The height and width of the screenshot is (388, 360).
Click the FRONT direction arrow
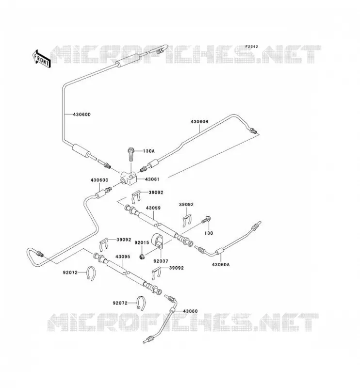[x=41, y=59]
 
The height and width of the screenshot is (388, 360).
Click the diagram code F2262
[x=251, y=47]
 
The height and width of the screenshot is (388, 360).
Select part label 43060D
[x=82, y=114]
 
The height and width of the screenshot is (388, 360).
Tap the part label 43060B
[x=199, y=122]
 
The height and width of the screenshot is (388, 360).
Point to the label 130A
[x=148, y=151]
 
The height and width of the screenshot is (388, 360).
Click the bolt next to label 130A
[x=131, y=154]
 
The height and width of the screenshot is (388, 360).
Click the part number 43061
[x=152, y=179]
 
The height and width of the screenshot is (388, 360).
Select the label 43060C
[x=99, y=180]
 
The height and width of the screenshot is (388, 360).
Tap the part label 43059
[x=153, y=208]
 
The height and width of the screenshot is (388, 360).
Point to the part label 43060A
[x=221, y=264]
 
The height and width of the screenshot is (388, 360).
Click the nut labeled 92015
[x=142, y=257]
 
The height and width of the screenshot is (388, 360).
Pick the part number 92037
[x=161, y=261]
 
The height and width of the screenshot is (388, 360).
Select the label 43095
[x=123, y=257]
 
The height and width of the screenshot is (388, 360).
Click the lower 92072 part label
[x=120, y=303]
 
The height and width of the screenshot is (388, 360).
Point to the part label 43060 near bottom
[x=190, y=311]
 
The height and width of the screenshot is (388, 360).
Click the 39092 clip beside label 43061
[x=136, y=197]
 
